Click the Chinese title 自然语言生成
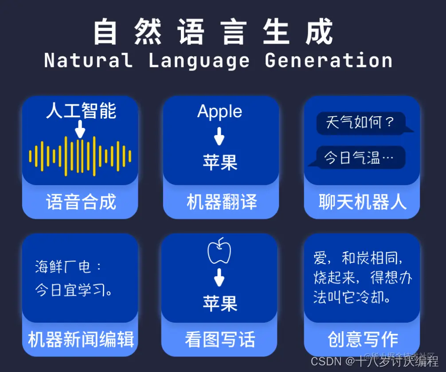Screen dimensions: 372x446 click(213, 32)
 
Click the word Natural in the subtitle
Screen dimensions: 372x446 click(88, 60)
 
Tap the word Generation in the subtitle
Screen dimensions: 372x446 click(329, 60)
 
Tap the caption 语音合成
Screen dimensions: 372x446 click(81, 202)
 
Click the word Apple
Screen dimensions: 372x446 click(220, 111)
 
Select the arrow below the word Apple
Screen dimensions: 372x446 click(219, 136)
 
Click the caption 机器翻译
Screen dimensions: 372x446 click(221, 202)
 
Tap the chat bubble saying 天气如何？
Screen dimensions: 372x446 click(360, 122)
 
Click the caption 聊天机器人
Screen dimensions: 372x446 click(362, 202)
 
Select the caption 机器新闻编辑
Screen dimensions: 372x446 click(81, 340)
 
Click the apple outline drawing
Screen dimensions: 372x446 click(219, 251)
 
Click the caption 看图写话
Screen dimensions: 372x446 click(220, 340)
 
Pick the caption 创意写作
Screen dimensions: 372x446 click(363, 340)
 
